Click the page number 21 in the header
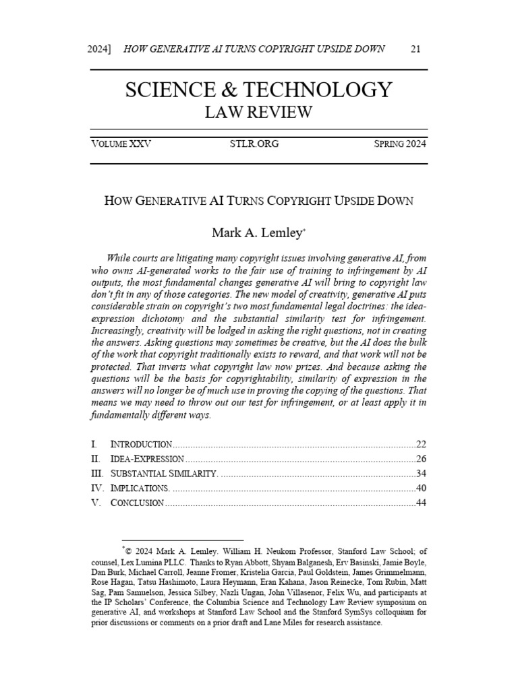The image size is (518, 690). [x=415, y=49]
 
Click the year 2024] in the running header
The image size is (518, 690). [x=101, y=49]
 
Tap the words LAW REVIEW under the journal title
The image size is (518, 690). [x=258, y=113]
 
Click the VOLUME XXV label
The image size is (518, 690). [x=121, y=144]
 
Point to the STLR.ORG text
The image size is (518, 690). [x=254, y=144]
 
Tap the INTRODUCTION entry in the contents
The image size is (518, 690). [x=141, y=444]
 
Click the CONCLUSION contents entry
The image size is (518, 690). [x=137, y=503]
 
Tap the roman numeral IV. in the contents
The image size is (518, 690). [x=96, y=489]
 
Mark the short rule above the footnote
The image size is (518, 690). [x=182, y=540]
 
